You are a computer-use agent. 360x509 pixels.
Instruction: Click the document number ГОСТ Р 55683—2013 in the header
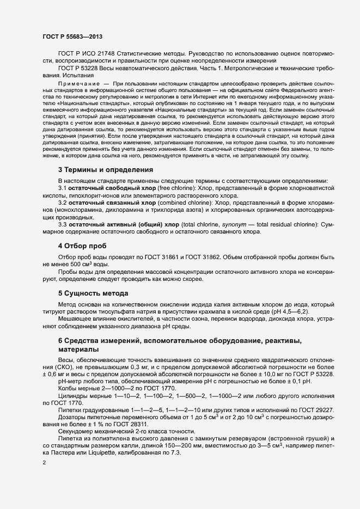[x=72, y=36]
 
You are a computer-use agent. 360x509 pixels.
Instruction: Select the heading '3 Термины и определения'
[x=106, y=170]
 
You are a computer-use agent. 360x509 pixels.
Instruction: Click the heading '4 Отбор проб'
[x=83, y=246]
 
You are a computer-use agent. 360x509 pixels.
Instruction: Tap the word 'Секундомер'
[x=76, y=431]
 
